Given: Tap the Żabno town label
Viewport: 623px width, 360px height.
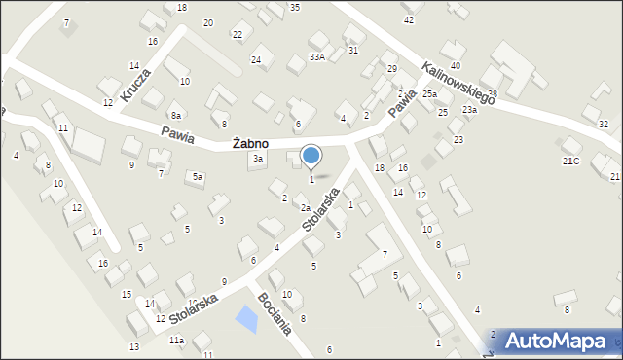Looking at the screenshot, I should tap(250, 144).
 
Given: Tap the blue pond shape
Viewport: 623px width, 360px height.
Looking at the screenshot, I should tap(247, 318).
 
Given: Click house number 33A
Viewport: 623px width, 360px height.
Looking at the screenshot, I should tap(316, 57).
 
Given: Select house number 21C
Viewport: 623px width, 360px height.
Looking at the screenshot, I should tap(570, 161).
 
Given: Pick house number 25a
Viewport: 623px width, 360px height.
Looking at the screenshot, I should tap(429, 93).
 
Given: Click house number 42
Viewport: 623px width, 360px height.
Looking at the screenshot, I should tap(409, 19).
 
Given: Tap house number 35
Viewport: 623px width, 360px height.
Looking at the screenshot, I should tap(295, 7).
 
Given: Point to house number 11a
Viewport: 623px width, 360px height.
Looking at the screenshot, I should tap(176, 341).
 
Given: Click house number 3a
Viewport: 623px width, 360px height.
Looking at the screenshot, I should tap(258, 158).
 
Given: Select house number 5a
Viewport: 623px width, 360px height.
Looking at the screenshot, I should tap(198, 176).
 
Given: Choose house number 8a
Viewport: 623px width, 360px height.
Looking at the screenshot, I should tap(176, 115).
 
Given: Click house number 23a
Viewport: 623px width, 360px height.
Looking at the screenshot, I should tap(470, 110).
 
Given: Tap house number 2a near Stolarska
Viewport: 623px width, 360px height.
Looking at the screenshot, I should tap(305, 208).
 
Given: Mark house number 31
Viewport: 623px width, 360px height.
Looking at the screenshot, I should tap(352, 50).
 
